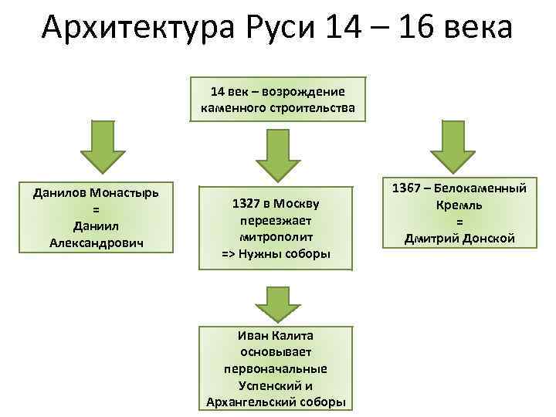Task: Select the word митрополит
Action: coord(276,237)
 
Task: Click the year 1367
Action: coord(408,188)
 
